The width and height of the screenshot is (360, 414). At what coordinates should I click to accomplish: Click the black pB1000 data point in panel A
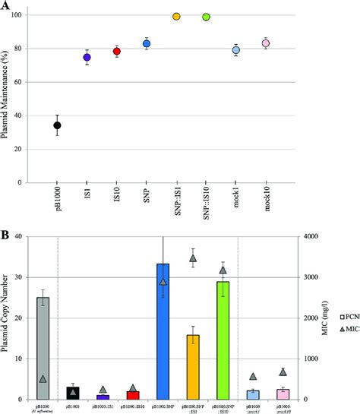point(57,125)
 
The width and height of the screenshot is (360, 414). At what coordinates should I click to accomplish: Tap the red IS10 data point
point(116,52)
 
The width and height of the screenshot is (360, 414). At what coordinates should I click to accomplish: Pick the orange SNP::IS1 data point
point(176,16)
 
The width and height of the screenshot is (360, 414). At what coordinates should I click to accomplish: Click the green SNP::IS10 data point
point(206,17)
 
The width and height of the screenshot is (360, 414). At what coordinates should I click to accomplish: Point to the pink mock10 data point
point(266,43)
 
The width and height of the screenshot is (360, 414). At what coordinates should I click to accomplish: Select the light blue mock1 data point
point(236,50)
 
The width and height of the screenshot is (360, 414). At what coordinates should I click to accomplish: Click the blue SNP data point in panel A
point(147,44)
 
